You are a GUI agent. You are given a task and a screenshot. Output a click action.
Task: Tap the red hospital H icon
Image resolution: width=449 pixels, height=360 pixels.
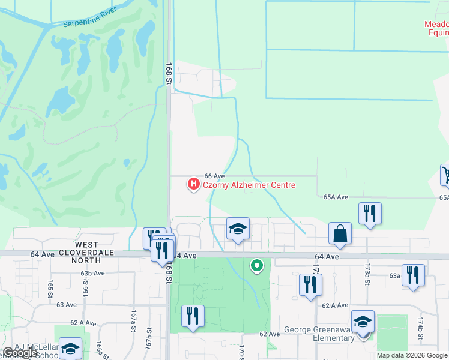pyautogui.click(x=193, y=185)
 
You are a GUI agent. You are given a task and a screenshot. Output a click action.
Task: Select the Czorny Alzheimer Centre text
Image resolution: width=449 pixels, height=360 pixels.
pyautogui.click(x=249, y=185)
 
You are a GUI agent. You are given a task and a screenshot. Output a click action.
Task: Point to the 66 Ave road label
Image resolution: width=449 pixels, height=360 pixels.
pyautogui.click(x=214, y=175)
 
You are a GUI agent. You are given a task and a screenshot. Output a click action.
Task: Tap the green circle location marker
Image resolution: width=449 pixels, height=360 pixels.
pyautogui.click(x=257, y=265)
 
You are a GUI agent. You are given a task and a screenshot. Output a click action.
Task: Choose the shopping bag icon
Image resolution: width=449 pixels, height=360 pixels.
pyautogui.click(x=340, y=234)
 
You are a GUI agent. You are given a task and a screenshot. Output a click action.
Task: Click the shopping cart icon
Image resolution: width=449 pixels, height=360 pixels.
pyautogui.click(x=445, y=175)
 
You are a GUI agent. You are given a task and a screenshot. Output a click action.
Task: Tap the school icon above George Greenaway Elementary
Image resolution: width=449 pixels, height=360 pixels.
pyautogui.click(x=363, y=322)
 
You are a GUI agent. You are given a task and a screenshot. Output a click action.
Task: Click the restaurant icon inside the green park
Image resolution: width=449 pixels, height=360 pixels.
pyautogui.click(x=193, y=316)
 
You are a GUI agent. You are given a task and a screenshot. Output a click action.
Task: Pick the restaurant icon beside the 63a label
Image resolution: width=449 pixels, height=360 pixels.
pyautogui.click(x=412, y=275)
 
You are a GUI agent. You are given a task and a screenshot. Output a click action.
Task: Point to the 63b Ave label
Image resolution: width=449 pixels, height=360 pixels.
pyautogui.click(x=92, y=273)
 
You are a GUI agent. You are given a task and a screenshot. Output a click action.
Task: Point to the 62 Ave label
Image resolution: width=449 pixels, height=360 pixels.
pyautogui.click(x=270, y=334)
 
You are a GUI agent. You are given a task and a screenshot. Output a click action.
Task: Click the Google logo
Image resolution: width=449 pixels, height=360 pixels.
pyautogui.click(x=20, y=353)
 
